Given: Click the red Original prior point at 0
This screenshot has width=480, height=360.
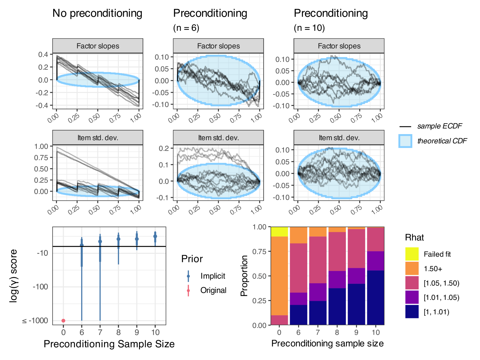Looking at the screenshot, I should coord(63,320).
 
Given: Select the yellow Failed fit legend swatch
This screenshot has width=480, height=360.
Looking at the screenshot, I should coord(412,254).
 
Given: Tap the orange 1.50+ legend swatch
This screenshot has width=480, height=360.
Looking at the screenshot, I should coord(412,268).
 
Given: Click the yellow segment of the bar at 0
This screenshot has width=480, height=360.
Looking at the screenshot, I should coord(279,232).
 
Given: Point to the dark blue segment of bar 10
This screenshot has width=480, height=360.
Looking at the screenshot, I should coord(375,298).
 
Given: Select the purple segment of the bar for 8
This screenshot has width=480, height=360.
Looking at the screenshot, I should coord(337,279).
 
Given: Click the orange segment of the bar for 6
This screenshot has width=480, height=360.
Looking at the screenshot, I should coord(298,235).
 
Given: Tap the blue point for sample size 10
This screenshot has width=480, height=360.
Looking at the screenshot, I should coord(155,236).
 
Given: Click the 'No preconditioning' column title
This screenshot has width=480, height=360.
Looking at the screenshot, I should coord(97,13).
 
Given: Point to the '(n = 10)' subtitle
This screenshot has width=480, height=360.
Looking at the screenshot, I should coord(309,28).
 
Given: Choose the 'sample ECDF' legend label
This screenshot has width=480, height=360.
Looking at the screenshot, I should coord(439,126).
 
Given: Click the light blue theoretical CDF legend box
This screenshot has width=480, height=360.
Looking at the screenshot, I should coord(405,141).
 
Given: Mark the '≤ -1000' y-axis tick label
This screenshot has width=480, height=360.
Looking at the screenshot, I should coord(35,320).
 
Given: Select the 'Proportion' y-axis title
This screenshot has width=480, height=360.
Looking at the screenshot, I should coord(244,276).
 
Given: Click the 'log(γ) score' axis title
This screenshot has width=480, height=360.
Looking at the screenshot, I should coord(13,276).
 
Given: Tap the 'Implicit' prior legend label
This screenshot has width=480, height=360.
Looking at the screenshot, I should coord(213,276).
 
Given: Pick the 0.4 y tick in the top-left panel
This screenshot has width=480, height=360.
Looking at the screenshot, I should coord(43,54).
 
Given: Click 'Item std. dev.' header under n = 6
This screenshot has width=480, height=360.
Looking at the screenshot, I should coord(218,138).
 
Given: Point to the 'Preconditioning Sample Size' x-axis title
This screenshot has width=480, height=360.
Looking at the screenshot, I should coord(109,344).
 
